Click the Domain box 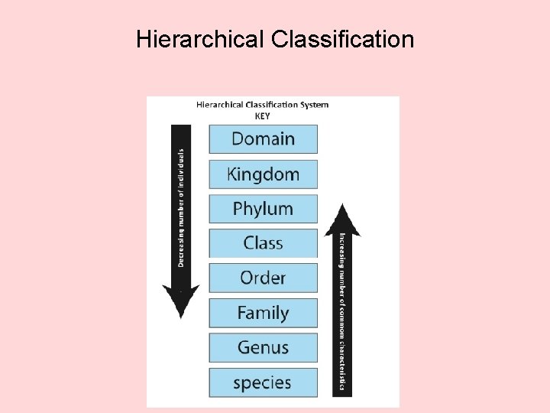tap(263, 139)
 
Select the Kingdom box tap(263, 174)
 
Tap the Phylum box tap(263, 209)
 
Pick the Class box tap(263, 243)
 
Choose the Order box tap(263, 278)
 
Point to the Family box tap(263, 313)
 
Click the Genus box tap(263, 347)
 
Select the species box tap(263, 382)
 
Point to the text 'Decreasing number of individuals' tap(181, 207)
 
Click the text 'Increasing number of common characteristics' tap(342, 313)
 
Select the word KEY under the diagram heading tap(262, 116)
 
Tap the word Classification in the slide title tap(342, 39)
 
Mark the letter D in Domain tap(238, 139)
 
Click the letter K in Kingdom tap(232, 174)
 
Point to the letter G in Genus tap(244, 347)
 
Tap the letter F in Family tap(241, 313)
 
